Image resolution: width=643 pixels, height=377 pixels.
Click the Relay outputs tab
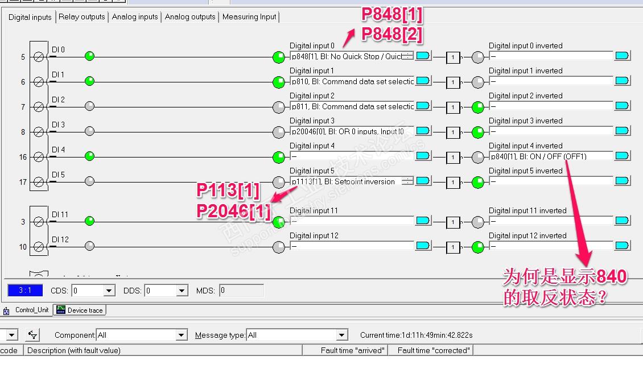(82, 17)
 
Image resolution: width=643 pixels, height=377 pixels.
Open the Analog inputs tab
(135, 17)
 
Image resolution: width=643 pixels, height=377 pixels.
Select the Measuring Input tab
(249, 17)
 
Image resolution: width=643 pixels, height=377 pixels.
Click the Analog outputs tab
(190, 17)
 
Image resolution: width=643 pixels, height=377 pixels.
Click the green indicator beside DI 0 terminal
(89, 56)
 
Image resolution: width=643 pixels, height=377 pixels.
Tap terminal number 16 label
(23, 158)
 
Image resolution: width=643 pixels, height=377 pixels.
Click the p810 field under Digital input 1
(352, 81)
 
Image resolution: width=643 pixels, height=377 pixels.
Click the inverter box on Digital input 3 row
(453, 132)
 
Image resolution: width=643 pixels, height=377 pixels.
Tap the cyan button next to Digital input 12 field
(423, 246)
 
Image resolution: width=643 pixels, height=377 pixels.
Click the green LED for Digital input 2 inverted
(478, 107)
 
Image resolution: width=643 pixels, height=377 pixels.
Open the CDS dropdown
(109, 291)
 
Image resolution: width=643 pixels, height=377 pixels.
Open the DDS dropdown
(182, 291)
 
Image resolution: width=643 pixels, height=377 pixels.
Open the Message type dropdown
(341, 335)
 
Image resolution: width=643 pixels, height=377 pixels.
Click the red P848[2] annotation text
(393, 35)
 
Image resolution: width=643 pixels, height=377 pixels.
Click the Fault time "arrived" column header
(352, 350)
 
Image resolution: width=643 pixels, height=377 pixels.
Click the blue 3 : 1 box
(25, 291)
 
